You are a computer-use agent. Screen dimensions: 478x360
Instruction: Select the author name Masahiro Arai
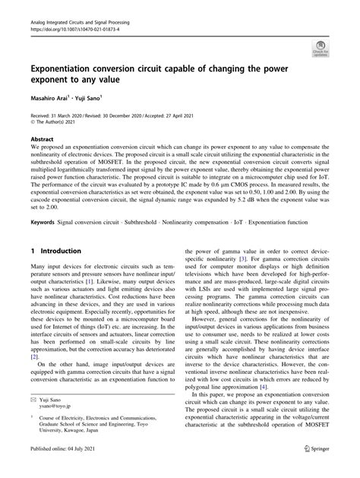(50, 98)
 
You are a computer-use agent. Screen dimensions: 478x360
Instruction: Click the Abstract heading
(41, 140)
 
